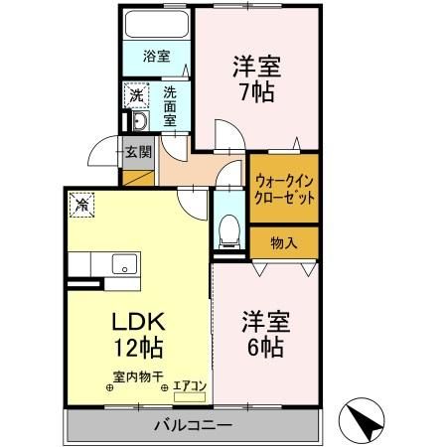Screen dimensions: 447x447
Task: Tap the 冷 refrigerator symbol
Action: click(x=81, y=206)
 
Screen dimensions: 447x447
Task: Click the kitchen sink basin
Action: click(x=125, y=263)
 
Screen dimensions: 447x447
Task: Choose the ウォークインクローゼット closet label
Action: click(x=285, y=189)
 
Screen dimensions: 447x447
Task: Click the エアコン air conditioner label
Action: click(x=188, y=384)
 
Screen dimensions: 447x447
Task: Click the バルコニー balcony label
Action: click(x=193, y=425)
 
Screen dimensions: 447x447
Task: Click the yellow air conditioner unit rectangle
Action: click(x=188, y=396)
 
